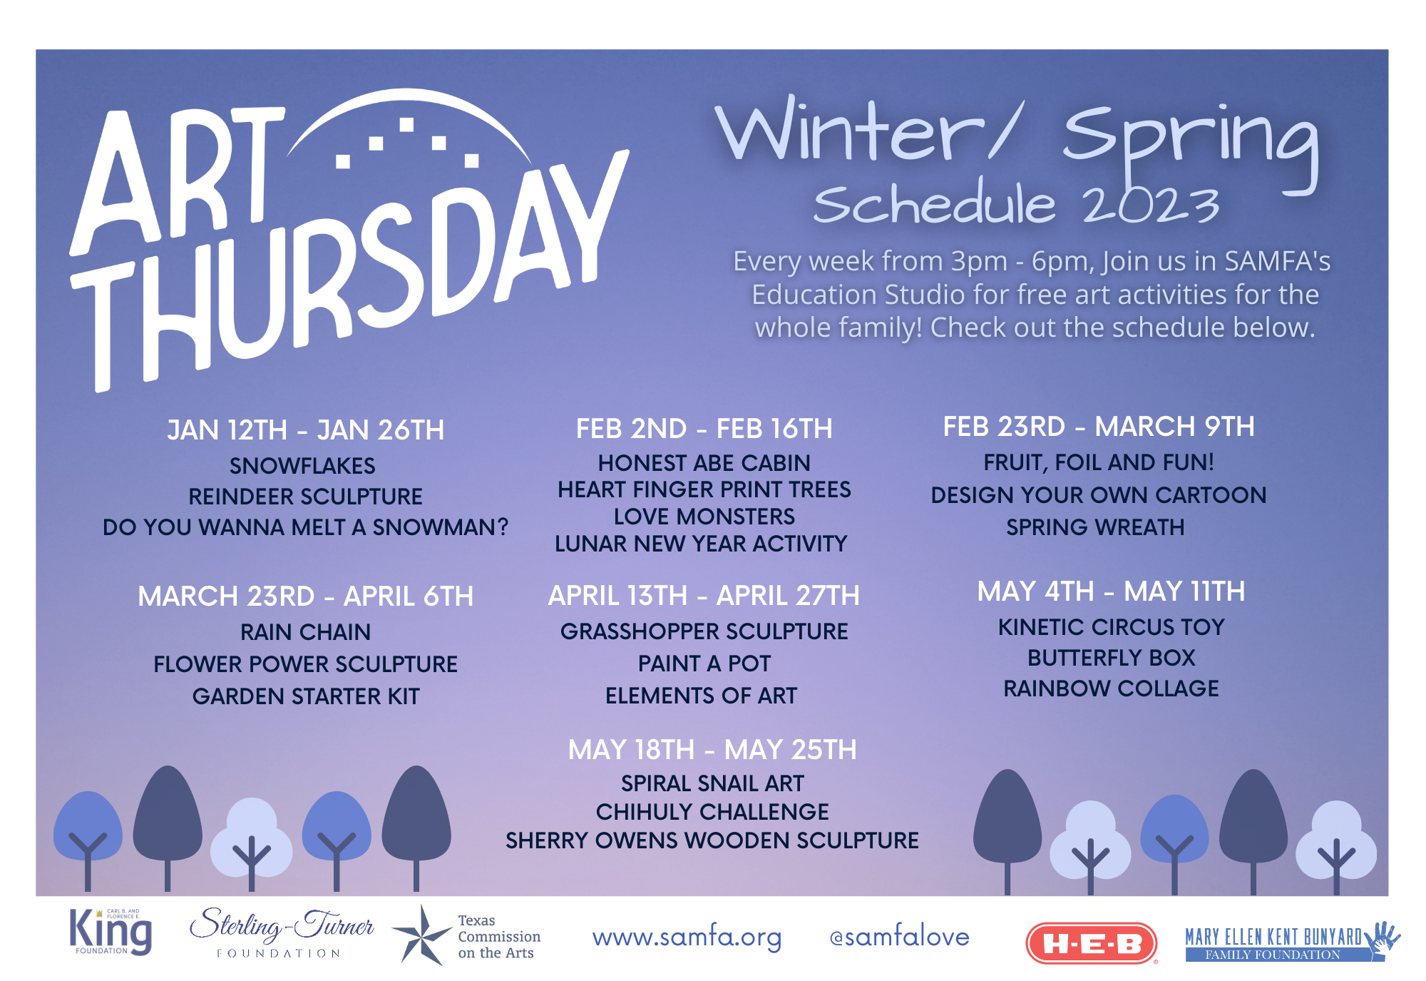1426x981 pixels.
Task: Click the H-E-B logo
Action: (x=1091, y=943)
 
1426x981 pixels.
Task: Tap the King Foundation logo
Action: (x=111, y=932)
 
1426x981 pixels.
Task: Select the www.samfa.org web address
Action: (x=687, y=937)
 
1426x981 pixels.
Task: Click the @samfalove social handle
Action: (x=899, y=936)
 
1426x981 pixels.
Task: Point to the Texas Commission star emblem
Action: (x=422, y=935)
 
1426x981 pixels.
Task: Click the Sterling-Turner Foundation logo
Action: (x=281, y=932)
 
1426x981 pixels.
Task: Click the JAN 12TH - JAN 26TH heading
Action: (x=305, y=430)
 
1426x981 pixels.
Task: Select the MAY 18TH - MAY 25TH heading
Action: (x=712, y=750)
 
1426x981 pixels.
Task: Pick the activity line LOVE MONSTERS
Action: (x=704, y=517)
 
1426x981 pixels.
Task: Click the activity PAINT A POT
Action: (x=704, y=664)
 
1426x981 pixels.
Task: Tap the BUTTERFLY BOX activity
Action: (x=1111, y=658)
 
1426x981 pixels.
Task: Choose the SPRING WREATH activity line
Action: (x=1095, y=527)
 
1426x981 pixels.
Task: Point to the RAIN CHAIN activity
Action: (x=305, y=632)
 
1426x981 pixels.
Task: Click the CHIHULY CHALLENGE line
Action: (x=712, y=812)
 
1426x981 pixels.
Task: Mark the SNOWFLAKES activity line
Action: (x=302, y=466)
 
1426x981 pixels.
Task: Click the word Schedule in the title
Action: (x=933, y=203)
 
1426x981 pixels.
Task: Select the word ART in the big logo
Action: (x=178, y=178)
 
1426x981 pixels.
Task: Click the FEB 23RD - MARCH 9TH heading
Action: (x=1099, y=427)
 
